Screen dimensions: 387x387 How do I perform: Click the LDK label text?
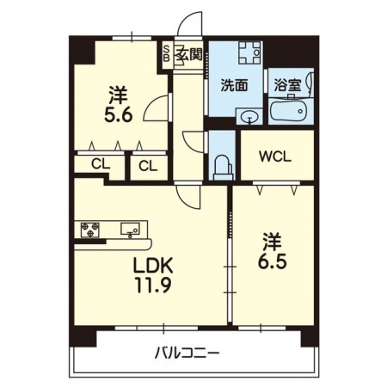pyautogui.click(x=153, y=266)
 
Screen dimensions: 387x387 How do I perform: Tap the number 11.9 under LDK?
pyautogui.click(x=154, y=286)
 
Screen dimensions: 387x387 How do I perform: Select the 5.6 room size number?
pyautogui.click(x=119, y=116)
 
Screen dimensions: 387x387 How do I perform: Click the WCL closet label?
pyautogui.click(x=275, y=157)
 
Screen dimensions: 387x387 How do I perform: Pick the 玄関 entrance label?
pyautogui.click(x=189, y=54)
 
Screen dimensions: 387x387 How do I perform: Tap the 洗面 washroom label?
pyautogui.click(x=234, y=85)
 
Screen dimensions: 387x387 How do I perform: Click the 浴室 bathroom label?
pyautogui.click(x=287, y=85)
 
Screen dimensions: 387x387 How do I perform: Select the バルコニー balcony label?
pyautogui.click(x=187, y=353)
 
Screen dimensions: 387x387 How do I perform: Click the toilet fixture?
pyautogui.click(x=223, y=168)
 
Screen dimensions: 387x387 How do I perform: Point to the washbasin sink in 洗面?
pyautogui.click(x=249, y=117)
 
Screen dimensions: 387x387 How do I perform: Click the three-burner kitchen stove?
pyautogui.click(x=90, y=230)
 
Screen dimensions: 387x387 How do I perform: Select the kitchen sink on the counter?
pyautogui.click(x=130, y=229)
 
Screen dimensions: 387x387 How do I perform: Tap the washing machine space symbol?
pyautogui.click(x=250, y=52)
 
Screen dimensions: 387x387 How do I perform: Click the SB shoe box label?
pyautogui.click(x=166, y=53)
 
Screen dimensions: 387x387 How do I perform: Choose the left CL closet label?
pyautogui.click(x=101, y=164)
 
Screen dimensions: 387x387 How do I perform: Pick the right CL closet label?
pyautogui.click(x=148, y=166)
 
